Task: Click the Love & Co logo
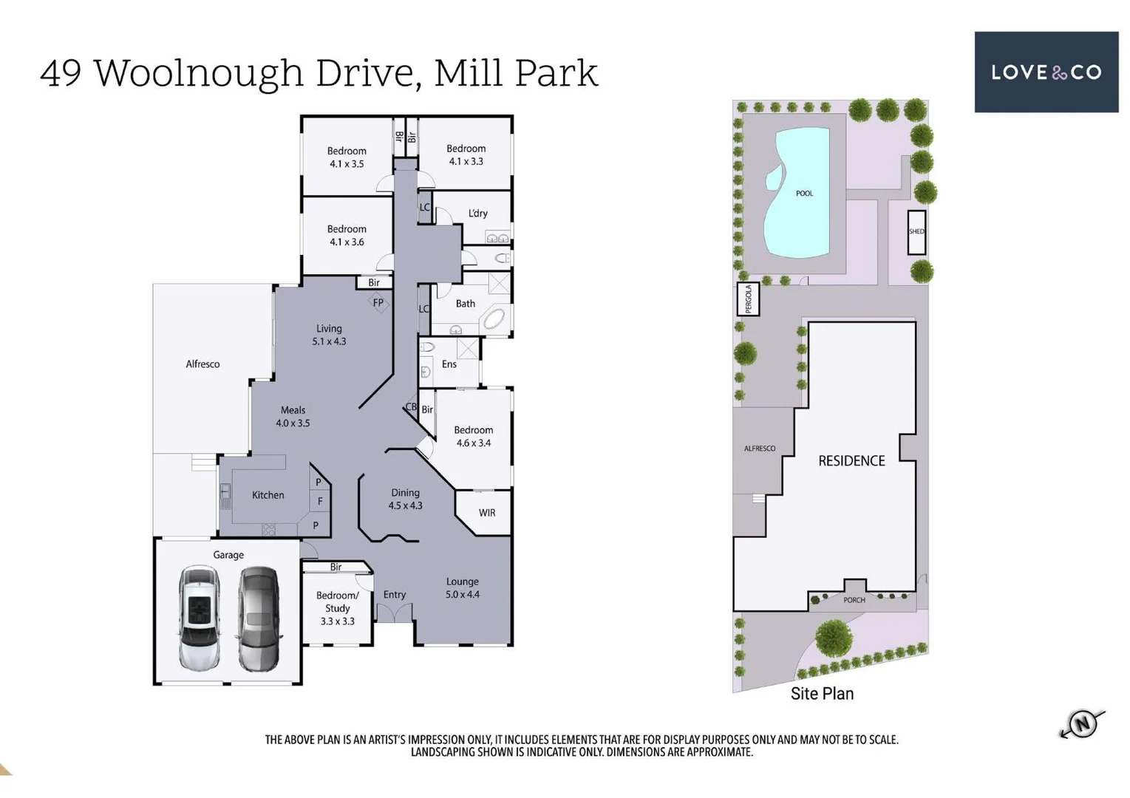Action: click(x=1045, y=72)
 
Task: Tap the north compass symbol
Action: click(x=1082, y=723)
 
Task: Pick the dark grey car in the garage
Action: click(x=258, y=618)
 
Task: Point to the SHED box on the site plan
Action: click(x=916, y=232)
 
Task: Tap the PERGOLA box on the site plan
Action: click(x=748, y=299)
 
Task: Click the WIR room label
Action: click(x=487, y=513)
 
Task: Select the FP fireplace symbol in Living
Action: click(x=378, y=303)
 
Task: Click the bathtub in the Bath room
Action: click(x=493, y=319)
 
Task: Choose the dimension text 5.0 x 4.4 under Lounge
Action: click(x=462, y=595)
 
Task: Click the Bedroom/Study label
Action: click(x=337, y=601)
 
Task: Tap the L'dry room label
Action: click(x=478, y=214)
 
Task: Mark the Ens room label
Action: click(x=449, y=364)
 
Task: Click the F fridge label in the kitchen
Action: click(x=320, y=502)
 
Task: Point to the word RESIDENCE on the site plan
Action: click(x=851, y=461)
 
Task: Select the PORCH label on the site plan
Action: click(x=854, y=600)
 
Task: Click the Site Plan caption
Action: click(x=822, y=694)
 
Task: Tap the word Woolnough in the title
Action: click(x=198, y=73)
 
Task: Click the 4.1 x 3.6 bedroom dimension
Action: click(x=347, y=242)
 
